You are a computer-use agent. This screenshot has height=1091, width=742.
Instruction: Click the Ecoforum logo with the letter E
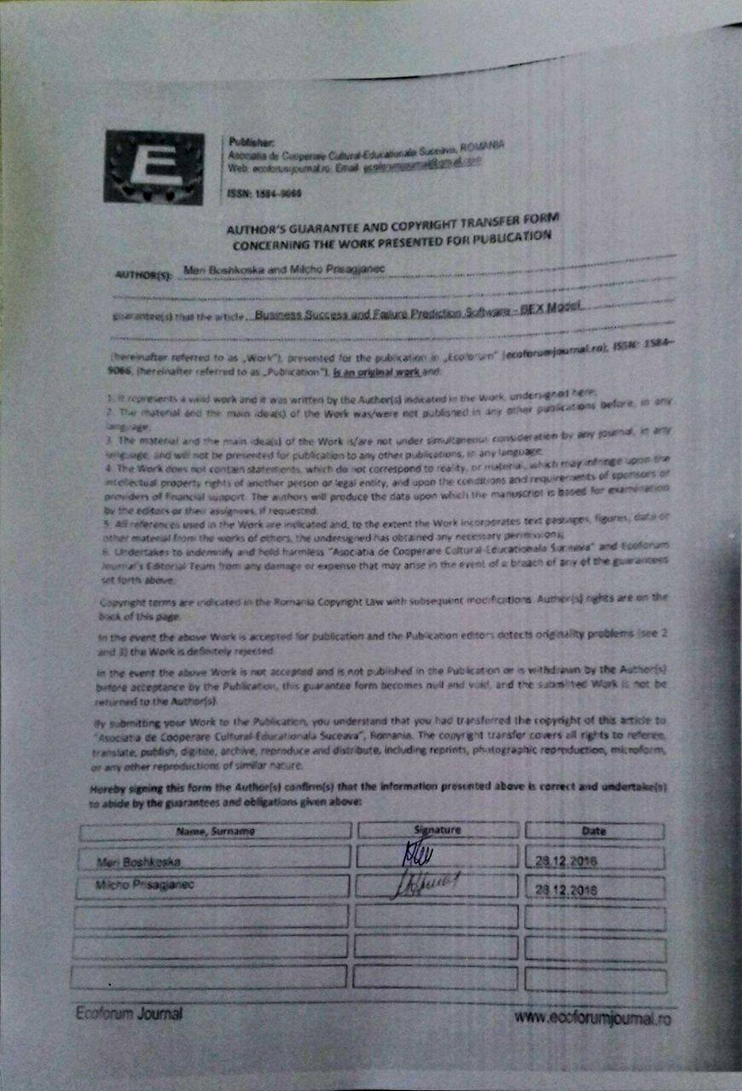click(154, 167)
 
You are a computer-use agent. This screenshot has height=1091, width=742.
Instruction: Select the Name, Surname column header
click(215, 830)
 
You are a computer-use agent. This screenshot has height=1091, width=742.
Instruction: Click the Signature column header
click(437, 829)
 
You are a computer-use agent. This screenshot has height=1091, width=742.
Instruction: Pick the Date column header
click(594, 830)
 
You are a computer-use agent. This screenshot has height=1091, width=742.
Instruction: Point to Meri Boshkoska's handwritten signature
click(417, 853)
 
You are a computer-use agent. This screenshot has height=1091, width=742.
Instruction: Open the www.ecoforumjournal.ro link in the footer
click(593, 1017)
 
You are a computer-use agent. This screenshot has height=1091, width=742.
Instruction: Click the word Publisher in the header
click(247, 141)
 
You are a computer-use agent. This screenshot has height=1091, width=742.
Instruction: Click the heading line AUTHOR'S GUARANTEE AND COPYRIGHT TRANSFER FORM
click(391, 225)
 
